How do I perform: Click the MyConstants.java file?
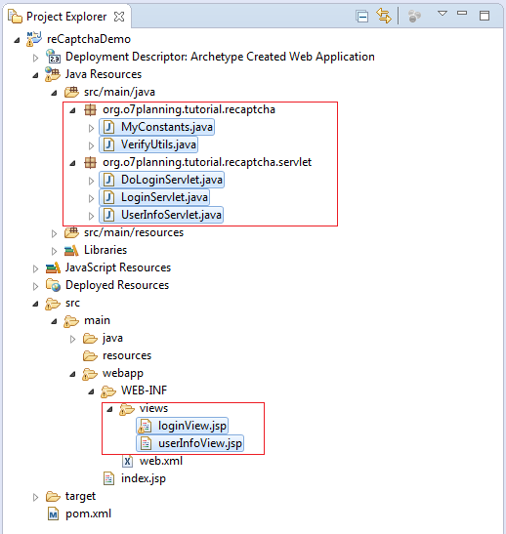tap(167, 127)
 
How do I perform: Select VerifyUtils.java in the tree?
tap(158, 144)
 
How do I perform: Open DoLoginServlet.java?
tap(172, 180)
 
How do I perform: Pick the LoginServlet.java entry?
tap(164, 197)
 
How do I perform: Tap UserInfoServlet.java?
tap(171, 215)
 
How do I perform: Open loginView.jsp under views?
tap(192, 426)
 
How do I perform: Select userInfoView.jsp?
tap(200, 443)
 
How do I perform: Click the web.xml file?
tap(161, 461)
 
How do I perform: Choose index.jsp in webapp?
tap(144, 478)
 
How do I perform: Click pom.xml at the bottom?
tap(88, 513)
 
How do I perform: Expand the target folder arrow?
tap(35, 498)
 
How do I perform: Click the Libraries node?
tap(105, 250)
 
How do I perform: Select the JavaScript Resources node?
tap(118, 267)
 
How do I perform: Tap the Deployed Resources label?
tap(117, 285)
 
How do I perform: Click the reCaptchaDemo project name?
tap(89, 39)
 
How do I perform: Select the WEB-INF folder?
tap(144, 390)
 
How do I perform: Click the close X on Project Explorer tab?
tap(119, 17)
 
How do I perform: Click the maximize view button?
tap(485, 16)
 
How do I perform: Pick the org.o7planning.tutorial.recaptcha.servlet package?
tap(207, 162)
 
